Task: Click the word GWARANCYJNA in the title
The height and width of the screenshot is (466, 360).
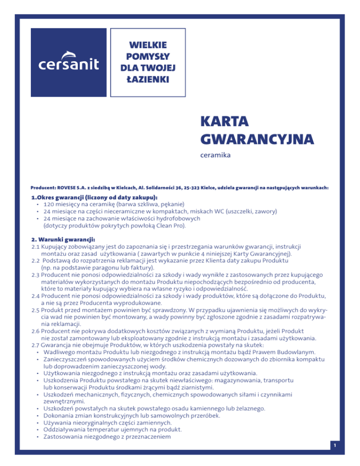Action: (256, 139)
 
